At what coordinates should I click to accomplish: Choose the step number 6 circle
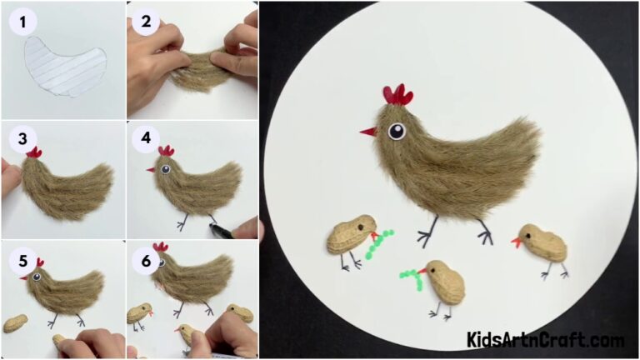point(146,260)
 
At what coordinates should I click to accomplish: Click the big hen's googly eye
point(396,132)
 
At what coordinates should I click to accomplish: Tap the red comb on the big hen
point(397,96)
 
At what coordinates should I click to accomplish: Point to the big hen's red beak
point(367,132)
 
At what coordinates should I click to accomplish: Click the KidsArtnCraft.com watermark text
point(545,340)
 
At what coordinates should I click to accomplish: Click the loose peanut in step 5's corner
point(14,323)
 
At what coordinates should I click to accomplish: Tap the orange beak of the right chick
point(517,244)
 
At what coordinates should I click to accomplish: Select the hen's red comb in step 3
point(34,152)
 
